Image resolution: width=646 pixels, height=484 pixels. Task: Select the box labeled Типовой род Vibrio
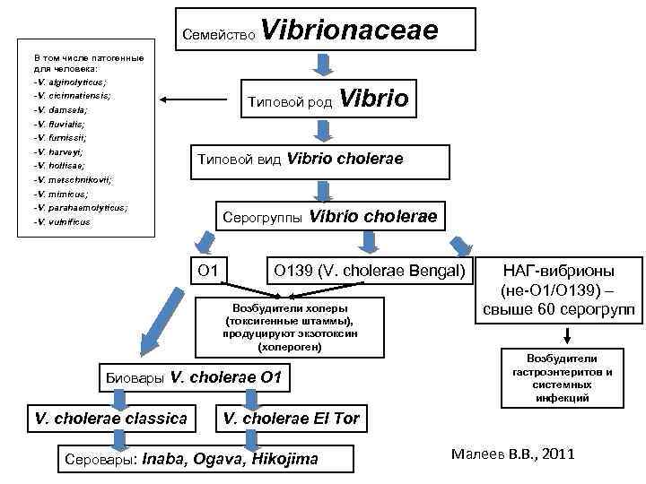coord(330,99)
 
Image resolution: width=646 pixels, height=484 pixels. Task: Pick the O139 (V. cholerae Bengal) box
coord(370,269)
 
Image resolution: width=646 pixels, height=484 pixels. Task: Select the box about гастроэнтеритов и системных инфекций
coord(563,376)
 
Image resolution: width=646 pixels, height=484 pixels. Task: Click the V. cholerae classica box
coord(111,418)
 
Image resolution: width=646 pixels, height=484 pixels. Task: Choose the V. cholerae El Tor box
coord(290,418)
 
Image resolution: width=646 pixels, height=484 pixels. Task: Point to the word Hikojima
coord(285,459)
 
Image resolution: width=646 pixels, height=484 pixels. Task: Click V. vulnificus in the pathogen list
coord(64,221)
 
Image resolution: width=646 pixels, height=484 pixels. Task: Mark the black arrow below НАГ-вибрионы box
coord(567,336)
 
